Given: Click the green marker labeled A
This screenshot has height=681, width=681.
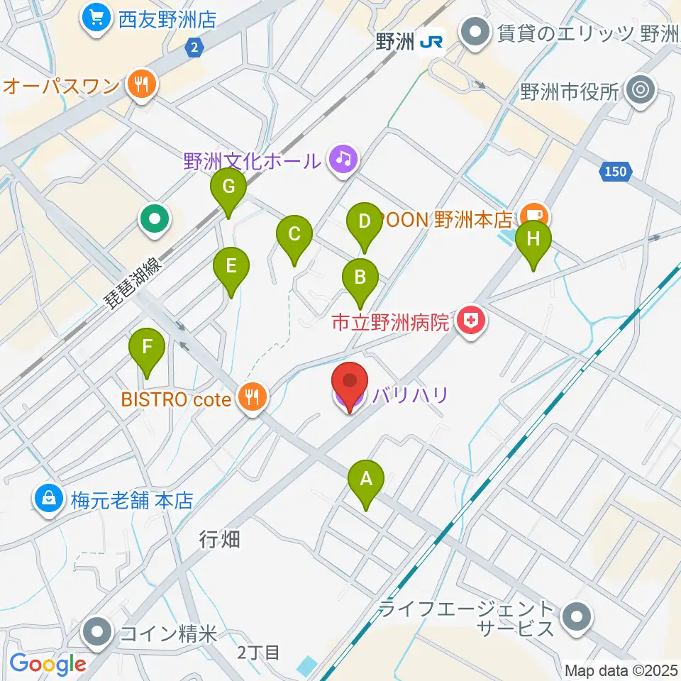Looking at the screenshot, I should pos(366,480).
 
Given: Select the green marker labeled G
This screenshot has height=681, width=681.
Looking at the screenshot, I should pos(228,188).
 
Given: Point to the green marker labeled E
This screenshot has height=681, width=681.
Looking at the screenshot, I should pos(231,267).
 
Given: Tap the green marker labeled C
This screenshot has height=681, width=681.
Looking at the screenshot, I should pos(294,235).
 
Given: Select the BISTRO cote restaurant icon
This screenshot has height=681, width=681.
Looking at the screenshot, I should pos(253,399).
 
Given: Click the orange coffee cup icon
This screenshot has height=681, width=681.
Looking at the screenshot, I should pos(531,214).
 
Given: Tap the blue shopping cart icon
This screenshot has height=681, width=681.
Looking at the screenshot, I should pos(95,18).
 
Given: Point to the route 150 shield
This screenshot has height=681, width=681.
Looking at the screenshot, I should pos(616,171).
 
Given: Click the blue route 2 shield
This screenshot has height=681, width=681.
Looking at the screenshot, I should pos(195,48).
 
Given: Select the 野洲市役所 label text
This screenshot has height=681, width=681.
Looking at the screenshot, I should pos(570,91).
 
